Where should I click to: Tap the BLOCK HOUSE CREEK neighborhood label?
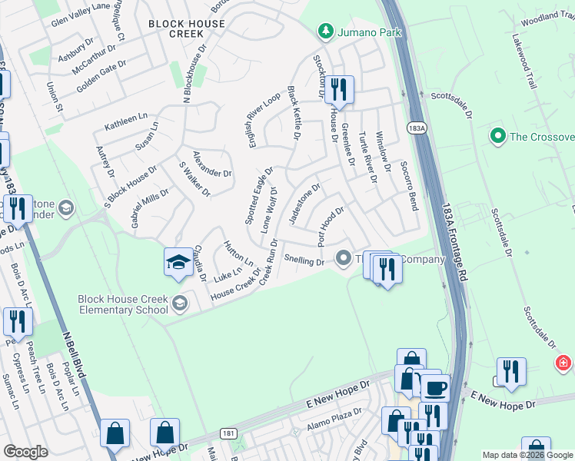tap(187, 29)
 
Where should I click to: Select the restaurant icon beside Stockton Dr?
tap(338, 90)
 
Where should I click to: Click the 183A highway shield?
tap(416, 128)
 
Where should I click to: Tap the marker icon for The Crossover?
tap(497, 137)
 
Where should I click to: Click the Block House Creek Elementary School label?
tap(123, 304)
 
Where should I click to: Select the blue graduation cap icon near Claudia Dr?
tap(178, 262)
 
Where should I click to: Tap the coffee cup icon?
tap(435, 387)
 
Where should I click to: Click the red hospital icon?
tap(564, 361)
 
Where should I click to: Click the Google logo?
tap(25, 452)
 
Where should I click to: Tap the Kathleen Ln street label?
tap(125, 121)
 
